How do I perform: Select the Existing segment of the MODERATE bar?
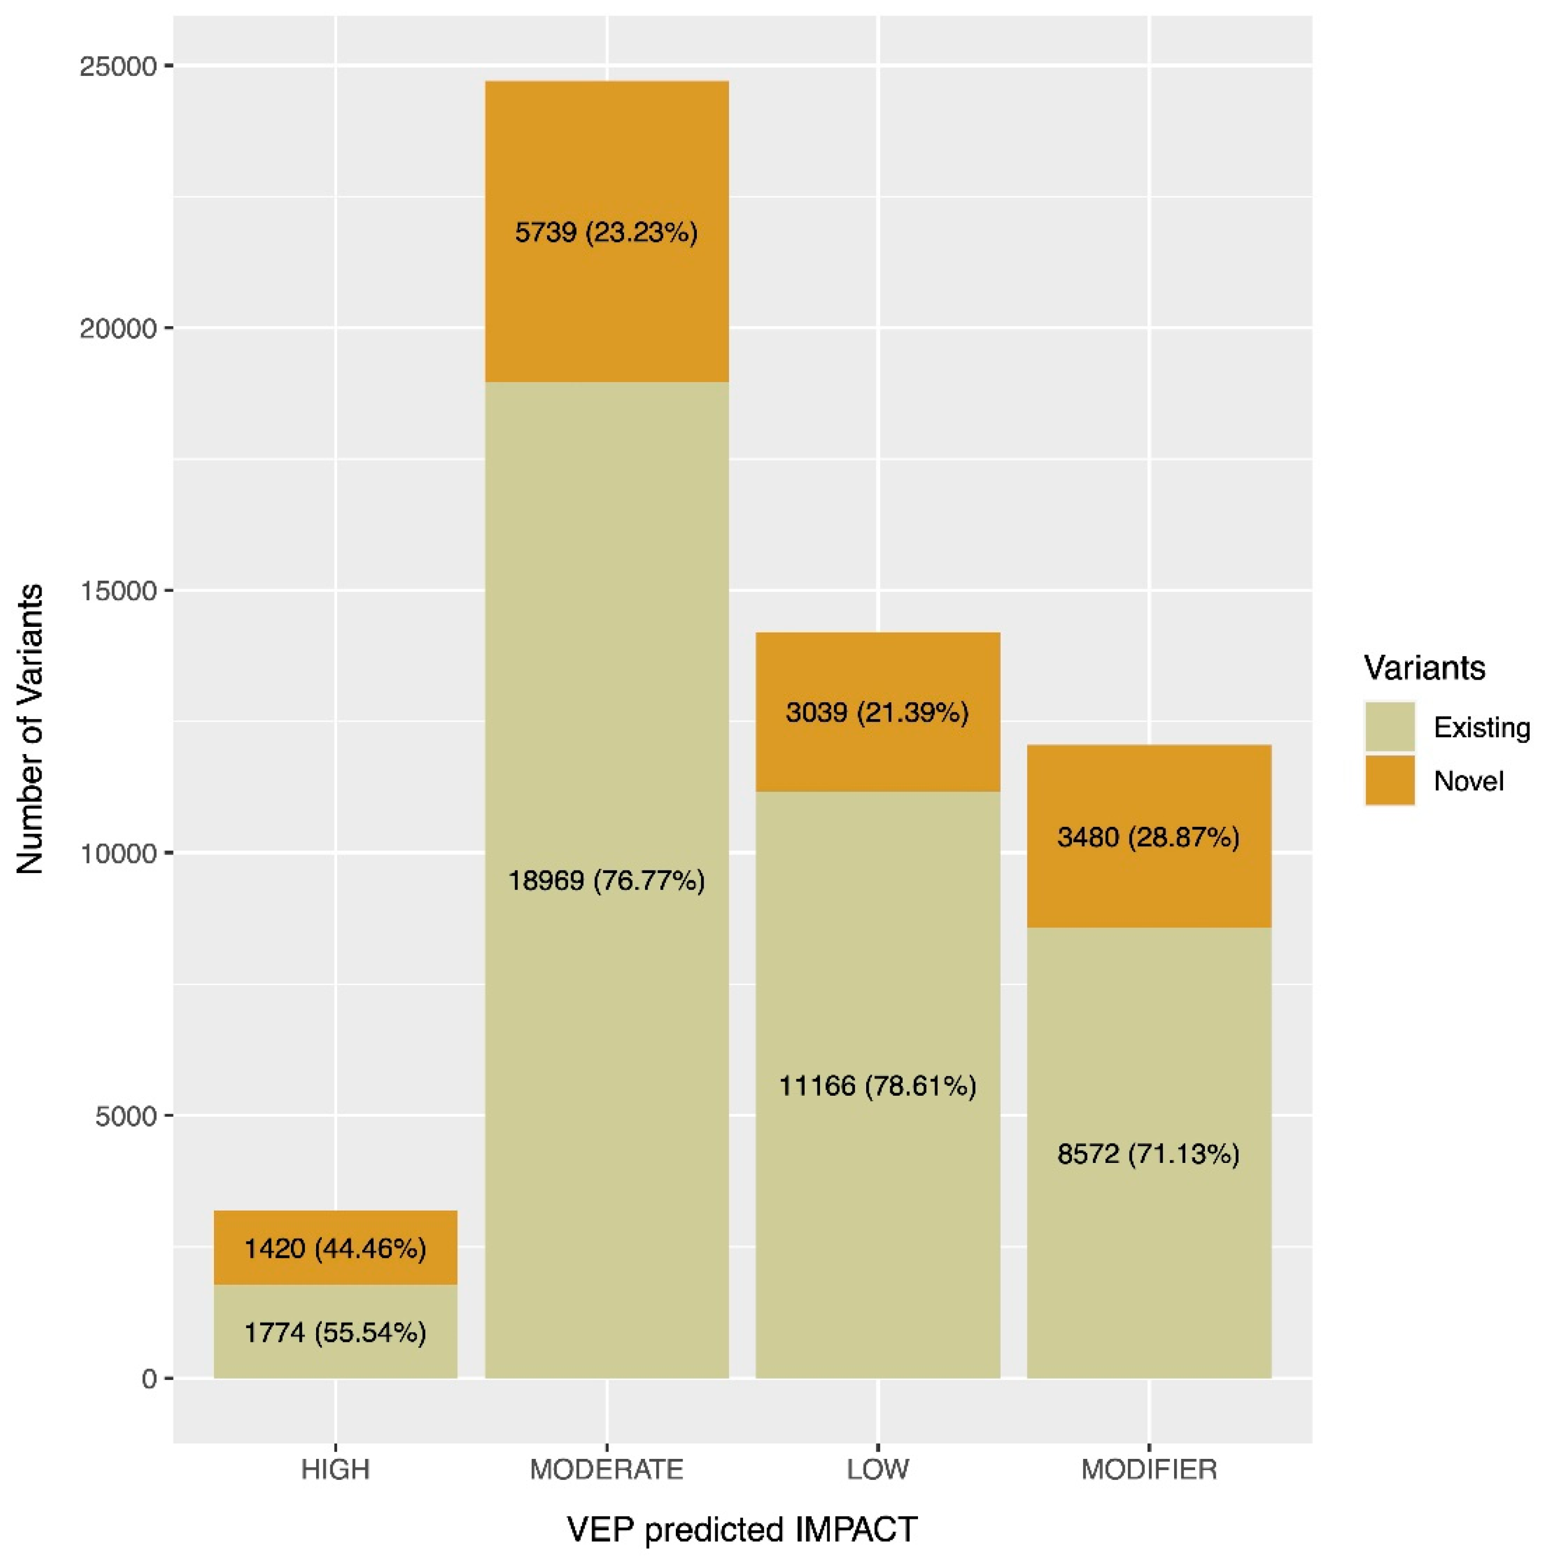pyautogui.click(x=607, y=1051)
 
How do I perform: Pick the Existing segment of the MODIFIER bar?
pyautogui.click(x=1148, y=1261)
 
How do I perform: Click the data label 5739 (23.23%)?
pyautogui.click(x=607, y=233)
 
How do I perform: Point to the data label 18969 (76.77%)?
pyautogui.click(x=607, y=880)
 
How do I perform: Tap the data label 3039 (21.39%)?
pyautogui.click(x=877, y=713)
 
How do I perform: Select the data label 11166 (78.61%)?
pyautogui.click(x=877, y=1086)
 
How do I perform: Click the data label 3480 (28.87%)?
pyautogui.click(x=1148, y=837)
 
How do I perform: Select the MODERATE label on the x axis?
pyautogui.click(x=607, y=1469)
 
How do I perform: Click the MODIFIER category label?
pyautogui.click(x=1148, y=1469)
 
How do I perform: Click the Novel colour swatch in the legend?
pyautogui.click(x=1390, y=780)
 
